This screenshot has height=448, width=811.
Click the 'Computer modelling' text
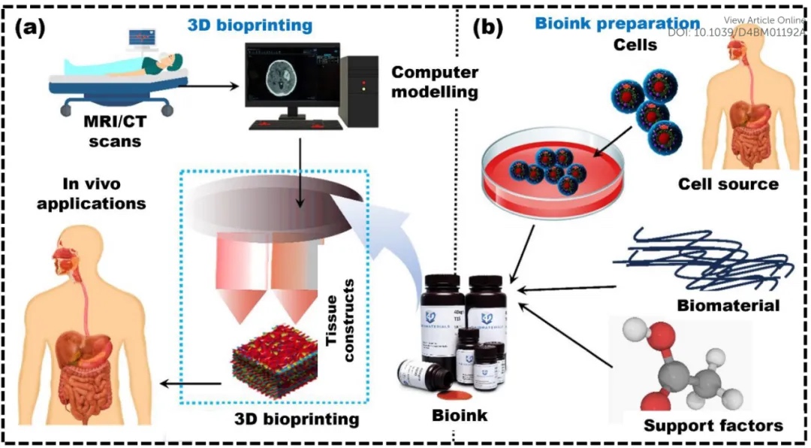point(435,83)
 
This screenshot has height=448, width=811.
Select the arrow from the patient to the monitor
point(207,79)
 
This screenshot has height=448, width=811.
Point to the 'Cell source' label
point(728,184)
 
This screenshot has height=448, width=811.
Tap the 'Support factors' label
point(713,425)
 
